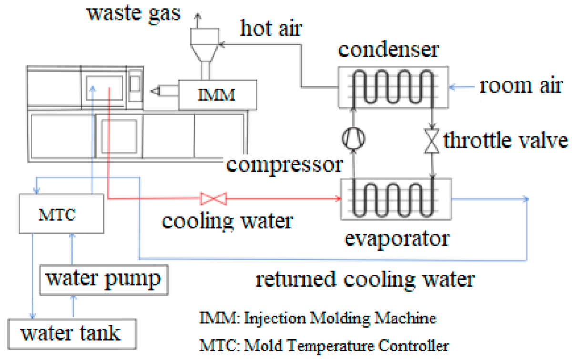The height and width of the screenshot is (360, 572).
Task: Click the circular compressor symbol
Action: (354, 138)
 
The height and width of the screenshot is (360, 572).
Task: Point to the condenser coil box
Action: (393, 86)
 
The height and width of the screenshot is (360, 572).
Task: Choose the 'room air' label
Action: (521, 86)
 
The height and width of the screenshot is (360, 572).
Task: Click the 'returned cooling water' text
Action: (365, 279)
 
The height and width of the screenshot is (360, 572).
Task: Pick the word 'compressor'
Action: (285, 165)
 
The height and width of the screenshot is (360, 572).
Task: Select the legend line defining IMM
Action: (318, 318)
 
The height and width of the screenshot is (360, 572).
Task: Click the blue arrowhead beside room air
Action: (453, 87)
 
